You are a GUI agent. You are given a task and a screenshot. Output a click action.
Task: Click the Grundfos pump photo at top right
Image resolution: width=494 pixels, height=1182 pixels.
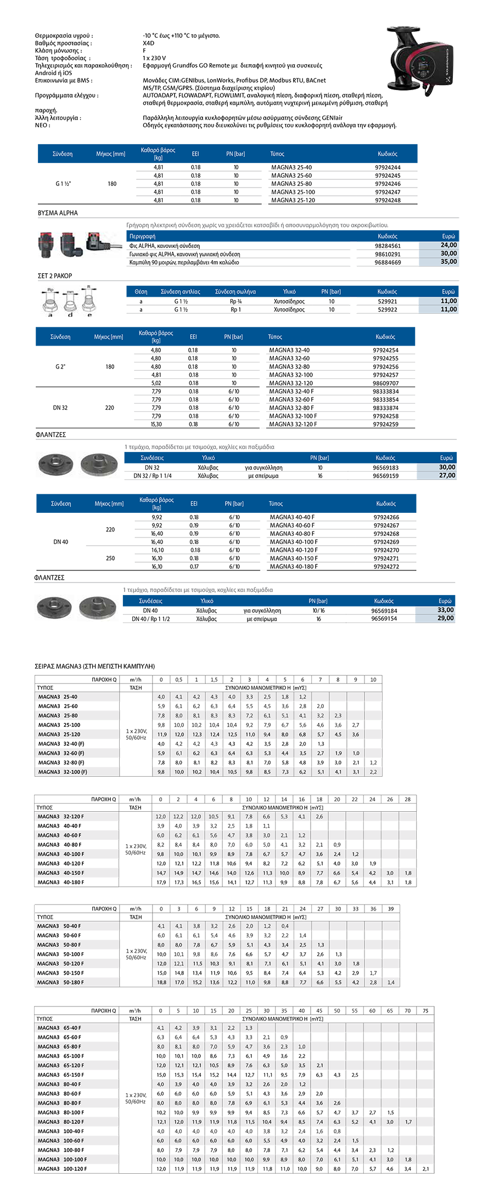pyautogui.click(x=420, y=61)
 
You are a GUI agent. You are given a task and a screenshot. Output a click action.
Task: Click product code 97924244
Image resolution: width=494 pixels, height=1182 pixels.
pyautogui.click(x=388, y=167)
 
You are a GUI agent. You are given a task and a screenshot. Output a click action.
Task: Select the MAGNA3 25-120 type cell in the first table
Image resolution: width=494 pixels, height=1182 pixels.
pyautogui.click(x=293, y=200)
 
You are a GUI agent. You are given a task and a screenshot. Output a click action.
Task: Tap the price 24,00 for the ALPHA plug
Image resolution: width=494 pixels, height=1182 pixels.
pyautogui.click(x=448, y=245)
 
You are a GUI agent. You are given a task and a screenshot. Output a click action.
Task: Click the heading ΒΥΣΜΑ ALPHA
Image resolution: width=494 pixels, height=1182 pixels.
pyautogui.click(x=58, y=213)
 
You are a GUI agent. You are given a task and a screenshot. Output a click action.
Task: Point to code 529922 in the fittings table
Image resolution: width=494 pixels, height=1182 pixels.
pyautogui.click(x=388, y=309)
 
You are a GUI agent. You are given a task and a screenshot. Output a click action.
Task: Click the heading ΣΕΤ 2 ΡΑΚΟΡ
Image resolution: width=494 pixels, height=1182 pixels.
pyautogui.click(x=55, y=276)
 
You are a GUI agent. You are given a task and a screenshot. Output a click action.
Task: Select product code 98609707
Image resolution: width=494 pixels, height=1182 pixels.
pyautogui.click(x=385, y=383)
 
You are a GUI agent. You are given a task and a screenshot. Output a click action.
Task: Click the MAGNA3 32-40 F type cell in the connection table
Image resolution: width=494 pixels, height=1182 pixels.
pyautogui.click(x=291, y=392)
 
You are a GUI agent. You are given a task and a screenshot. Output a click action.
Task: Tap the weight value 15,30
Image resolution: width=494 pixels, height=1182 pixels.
pyautogui.click(x=156, y=425)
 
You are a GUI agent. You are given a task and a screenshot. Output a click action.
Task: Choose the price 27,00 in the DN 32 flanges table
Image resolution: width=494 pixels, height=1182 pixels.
pyautogui.click(x=447, y=476)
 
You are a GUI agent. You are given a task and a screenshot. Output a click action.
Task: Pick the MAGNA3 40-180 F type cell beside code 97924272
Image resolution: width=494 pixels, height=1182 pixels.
pyautogui.click(x=294, y=567)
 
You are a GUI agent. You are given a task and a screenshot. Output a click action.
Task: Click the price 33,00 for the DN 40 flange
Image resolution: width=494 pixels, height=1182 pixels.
pyautogui.click(x=445, y=610)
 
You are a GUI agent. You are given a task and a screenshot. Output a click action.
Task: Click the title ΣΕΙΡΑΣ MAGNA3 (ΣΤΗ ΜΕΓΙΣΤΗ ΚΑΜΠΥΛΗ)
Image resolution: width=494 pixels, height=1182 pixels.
pyautogui.click(x=94, y=666)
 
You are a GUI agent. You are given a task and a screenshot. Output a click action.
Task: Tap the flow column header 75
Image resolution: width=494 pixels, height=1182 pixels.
pyautogui.click(x=425, y=1010)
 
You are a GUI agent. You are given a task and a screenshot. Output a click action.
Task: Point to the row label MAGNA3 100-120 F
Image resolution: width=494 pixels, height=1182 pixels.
pyautogui.click(x=62, y=1169)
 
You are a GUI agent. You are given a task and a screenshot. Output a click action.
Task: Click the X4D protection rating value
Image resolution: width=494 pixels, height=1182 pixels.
pyautogui.click(x=148, y=43)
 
